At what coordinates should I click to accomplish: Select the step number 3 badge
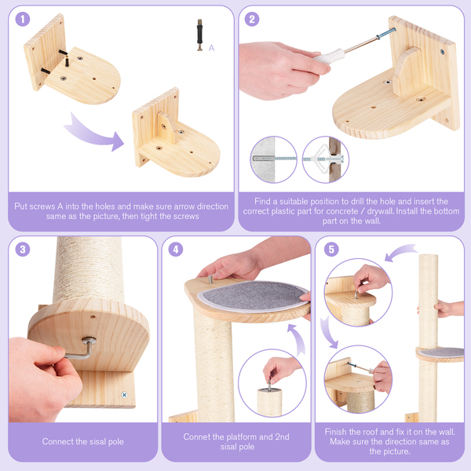[23, 250]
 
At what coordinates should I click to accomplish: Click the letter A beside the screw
[211, 48]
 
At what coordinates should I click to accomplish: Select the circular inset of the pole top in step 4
[273, 384]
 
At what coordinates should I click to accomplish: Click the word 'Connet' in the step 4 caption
[199, 436]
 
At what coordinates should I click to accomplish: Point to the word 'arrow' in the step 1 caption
[170, 206]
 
